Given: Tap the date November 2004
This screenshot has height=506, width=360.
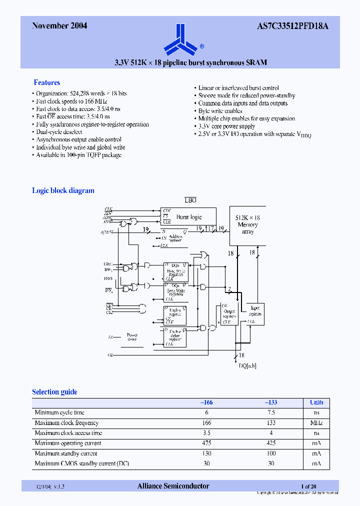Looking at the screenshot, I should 59,26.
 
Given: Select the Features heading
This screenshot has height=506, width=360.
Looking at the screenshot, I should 47,82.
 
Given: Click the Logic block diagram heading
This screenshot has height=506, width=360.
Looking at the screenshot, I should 63,190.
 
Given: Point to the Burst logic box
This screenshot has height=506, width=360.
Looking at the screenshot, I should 188,217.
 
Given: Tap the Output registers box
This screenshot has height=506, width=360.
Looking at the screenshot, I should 229,314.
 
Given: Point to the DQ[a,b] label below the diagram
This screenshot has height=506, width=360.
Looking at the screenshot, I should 247,366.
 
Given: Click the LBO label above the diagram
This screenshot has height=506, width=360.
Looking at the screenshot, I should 190,200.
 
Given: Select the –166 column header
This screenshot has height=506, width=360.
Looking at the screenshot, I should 206,402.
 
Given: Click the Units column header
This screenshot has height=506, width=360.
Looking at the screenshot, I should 316,402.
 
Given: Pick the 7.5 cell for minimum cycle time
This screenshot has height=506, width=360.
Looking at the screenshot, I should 271,412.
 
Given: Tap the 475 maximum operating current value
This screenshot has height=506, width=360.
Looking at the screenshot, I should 206,443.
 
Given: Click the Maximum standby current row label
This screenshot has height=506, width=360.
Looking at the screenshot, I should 66,453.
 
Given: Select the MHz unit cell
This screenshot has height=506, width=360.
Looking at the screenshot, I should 316,423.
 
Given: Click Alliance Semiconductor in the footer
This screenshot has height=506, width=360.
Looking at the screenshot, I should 173,486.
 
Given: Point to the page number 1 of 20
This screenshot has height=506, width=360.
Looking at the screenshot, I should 308,486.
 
